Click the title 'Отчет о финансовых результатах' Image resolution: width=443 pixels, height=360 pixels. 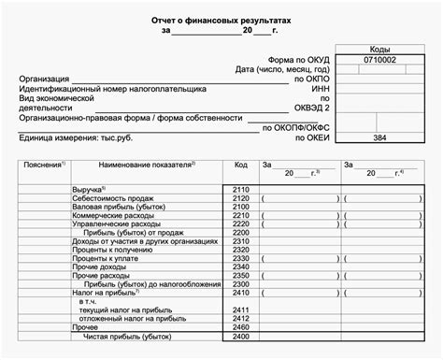pyautogui.click(x=221, y=19)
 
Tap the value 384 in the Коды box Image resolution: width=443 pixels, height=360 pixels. pyautogui.click(x=379, y=137)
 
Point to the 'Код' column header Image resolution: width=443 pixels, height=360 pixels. pyautogui.click(x=240, y=165)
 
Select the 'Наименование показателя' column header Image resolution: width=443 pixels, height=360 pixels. pyautogui.click(x=146, y=165)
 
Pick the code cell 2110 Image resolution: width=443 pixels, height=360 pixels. pyautogui.click(x=240, y=190)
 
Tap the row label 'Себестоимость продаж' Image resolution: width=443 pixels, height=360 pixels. pyautogui.click(x=114, y=199)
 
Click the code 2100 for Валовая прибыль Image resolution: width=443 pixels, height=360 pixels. pyautogui.click(x=240, y=208)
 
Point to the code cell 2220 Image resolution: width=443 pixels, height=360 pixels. pyautogui.click(x=240, y=225)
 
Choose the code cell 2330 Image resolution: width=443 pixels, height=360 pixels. pyautogui.click(x=240, y=259)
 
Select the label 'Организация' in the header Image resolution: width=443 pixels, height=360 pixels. pyautogui.click(x=44, y=79)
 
